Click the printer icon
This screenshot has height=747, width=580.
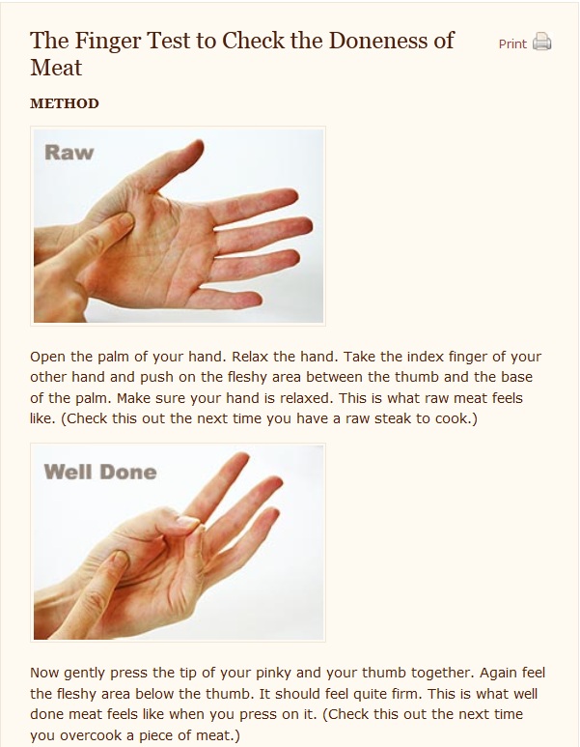pos(541,42)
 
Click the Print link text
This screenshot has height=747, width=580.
pos(512,43)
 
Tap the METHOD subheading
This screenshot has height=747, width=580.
pos(65,103)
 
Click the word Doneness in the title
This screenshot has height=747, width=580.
pos(377,41)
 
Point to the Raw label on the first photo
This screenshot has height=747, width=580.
pos(69,153)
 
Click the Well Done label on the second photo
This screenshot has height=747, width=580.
pos(99,473)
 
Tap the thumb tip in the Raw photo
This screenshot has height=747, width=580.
pos(198,146)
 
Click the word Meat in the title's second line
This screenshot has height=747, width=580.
pos(56,68)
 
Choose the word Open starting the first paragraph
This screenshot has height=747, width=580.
pos(47,358)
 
